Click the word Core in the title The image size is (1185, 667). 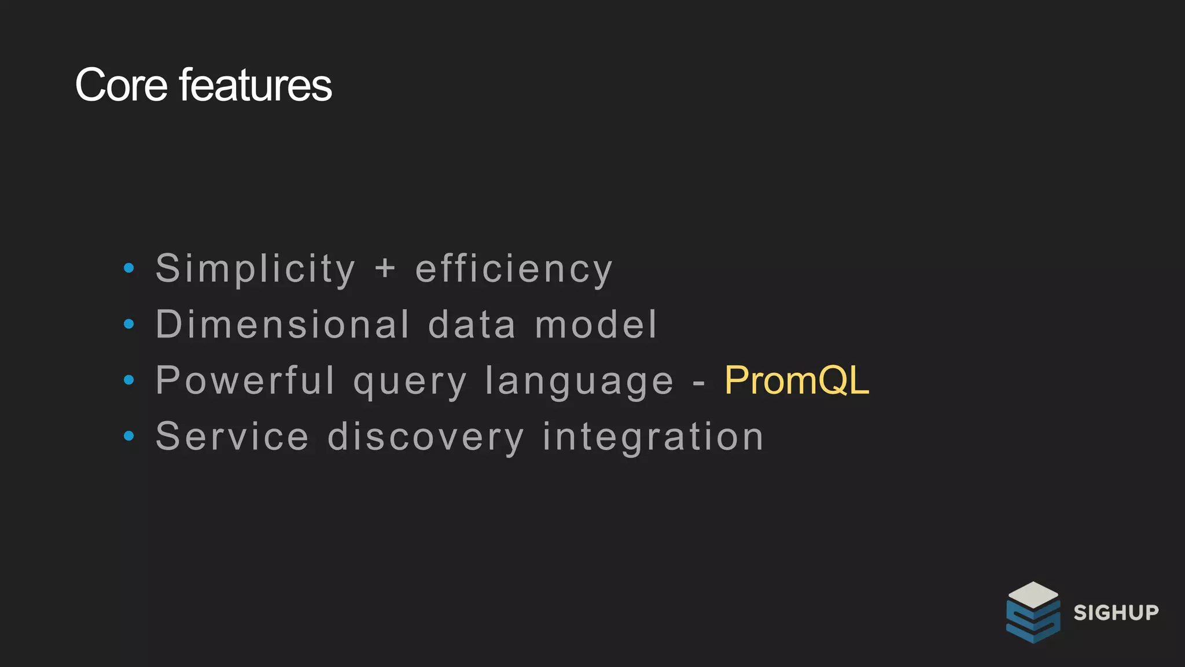click(x=122, y=85)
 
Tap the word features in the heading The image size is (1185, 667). click(x=255, y=85)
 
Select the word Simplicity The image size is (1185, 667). click(x=255, y=269)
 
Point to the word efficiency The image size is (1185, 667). click(x=514, y=269)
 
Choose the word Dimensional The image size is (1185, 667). click(x=283, y=324)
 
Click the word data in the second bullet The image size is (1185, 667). click(x=472, y=324)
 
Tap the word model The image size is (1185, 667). click(x=597, y=324)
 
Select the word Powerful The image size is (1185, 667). click(x=245, y=380)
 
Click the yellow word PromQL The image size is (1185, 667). click(x=796, y=380)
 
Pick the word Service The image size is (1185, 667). click(x=232, y=437)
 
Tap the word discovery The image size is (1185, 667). click(x=426, y=437)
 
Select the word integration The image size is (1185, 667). click(x=653, y=437)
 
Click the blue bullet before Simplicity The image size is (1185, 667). click(x=129, y=268)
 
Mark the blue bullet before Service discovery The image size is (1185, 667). click(x=129, y=435)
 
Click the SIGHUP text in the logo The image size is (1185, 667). click(x=1116, y=613)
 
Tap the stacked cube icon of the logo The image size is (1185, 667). click(x=1033, y=612)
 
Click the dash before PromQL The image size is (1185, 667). click(x=699, y=383)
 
